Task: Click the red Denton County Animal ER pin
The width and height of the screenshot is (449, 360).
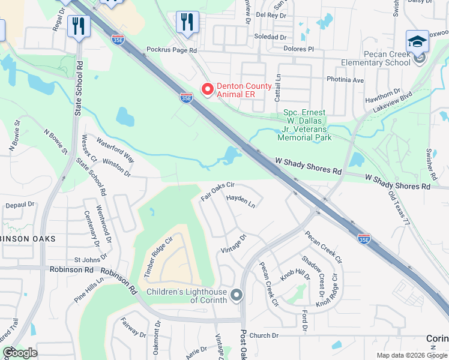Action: click(x=208, y=89)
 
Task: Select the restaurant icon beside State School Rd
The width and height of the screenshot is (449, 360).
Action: click(x=79, y=26)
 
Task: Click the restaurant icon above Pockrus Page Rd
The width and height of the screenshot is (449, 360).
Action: click(x=187, y=23)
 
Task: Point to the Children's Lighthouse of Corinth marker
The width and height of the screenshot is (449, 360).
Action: click(x=237, y=295)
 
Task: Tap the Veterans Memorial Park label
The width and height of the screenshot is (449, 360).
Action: click(x=304, y=125)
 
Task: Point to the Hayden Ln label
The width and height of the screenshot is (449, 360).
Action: click(x=241, y=201)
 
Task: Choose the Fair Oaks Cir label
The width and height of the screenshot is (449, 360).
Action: click(x=217, y=191)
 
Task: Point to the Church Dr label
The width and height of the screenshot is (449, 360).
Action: click(x=265, y=335)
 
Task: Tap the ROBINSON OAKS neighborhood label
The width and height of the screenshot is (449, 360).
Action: click(x=28, y=239)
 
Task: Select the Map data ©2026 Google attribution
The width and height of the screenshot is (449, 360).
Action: click(x=412, y=355)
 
